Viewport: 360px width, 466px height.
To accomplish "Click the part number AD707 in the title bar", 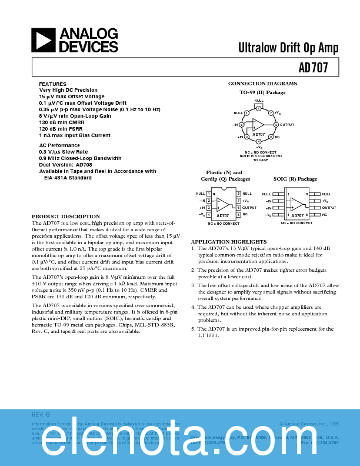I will pos(312,68).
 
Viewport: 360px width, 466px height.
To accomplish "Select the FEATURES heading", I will pos(52,84).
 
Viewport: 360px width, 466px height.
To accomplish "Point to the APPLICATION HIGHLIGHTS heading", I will pos(229,242).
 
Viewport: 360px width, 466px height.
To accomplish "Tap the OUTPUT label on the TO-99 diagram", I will pos(286,125).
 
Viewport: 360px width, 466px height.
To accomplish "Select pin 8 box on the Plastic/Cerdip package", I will pos(238,194).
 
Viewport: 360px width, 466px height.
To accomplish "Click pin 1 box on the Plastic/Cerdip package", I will pos(209,194).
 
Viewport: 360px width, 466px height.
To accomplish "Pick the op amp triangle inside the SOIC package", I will pos(298,204).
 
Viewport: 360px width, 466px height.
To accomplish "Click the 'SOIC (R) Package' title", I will pos(295,179).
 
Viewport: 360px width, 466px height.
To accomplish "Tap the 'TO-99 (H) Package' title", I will pos(262,92).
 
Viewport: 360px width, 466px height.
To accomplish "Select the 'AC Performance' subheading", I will pos(59,145).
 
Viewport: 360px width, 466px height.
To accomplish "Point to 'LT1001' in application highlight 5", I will pos(208,335).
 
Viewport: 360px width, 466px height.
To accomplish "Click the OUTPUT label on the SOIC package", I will pos(329,208).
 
